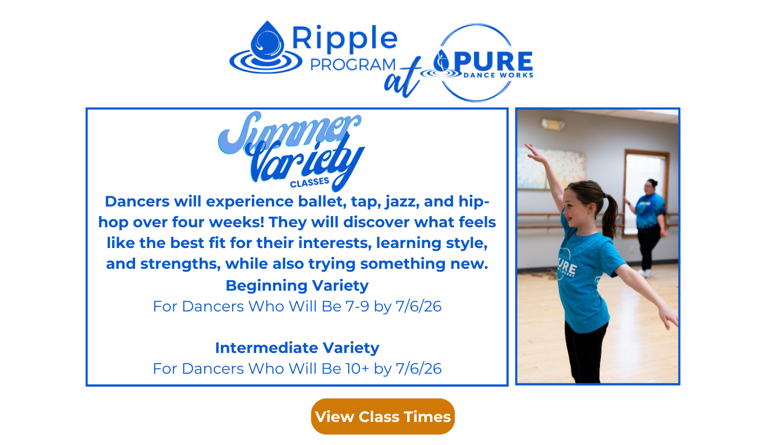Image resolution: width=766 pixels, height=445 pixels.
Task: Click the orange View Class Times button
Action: point(382,416)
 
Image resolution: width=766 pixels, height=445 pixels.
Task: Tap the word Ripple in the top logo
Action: point(345,39)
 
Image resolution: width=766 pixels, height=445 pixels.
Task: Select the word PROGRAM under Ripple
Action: point(353,65)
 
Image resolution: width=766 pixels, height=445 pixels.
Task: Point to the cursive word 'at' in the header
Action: point(402,78)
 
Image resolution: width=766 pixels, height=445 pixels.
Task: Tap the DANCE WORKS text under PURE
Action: point(499,75)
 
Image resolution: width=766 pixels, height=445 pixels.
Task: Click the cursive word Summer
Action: point(289,132)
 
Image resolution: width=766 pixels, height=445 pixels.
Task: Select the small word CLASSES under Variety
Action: point(310,182)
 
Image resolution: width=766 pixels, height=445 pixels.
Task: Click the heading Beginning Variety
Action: point(297,286)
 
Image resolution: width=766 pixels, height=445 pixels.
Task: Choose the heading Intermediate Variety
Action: point(297,348)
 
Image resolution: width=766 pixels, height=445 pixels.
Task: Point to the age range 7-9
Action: point(357,306)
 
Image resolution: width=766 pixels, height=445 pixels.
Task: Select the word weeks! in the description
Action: point(237,222)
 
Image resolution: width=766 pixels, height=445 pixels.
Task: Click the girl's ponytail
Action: point(610,215)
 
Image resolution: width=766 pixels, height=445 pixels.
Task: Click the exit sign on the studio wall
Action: point(552,124)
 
